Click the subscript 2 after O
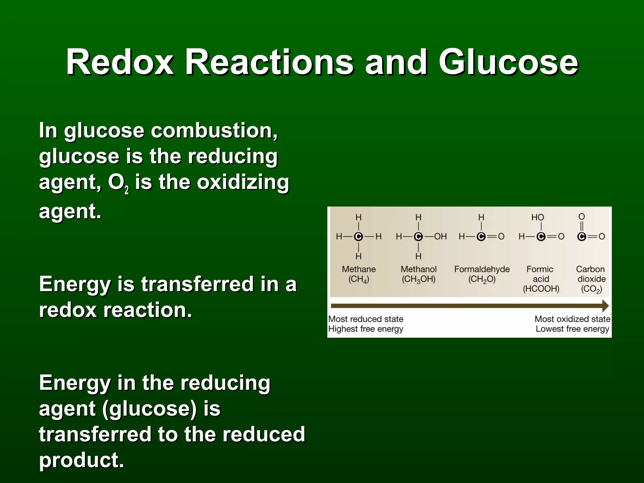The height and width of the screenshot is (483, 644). (126, 190)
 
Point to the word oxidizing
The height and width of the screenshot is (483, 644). (243, 182)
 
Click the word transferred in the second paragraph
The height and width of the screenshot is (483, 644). (197, 284)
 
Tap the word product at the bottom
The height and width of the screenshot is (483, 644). (81, 460)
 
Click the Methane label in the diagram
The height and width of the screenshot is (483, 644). (359, 269)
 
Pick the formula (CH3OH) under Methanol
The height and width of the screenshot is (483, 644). (419, 279)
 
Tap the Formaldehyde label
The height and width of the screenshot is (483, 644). (482, 269)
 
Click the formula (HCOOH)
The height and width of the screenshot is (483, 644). (541, 289)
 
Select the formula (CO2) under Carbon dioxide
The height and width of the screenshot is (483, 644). (591, 289)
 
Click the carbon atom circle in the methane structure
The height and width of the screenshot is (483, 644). (358, 236)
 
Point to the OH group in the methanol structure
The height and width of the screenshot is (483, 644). (440, 236)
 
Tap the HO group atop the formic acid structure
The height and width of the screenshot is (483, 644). (538, 217)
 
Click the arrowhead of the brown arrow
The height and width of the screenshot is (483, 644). (605, 306)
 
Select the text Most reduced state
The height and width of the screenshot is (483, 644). (366, 319)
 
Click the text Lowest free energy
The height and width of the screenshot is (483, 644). (572, 329)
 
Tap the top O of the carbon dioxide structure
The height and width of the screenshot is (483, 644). (582, 217)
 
